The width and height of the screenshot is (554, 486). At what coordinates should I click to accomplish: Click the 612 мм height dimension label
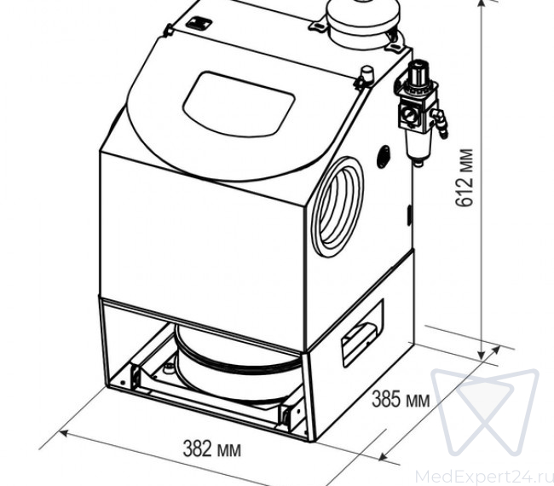coord(464,178)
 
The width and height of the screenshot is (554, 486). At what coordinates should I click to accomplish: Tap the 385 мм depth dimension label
coord(401,399)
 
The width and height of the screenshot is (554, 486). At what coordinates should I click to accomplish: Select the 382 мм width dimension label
coord(212,449)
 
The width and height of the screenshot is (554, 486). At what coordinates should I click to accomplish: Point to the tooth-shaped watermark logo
coord(486,412)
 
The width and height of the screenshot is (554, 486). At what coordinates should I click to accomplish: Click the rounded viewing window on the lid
coord(239,105)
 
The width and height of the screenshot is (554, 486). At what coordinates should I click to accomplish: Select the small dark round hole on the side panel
coord(384,157)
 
